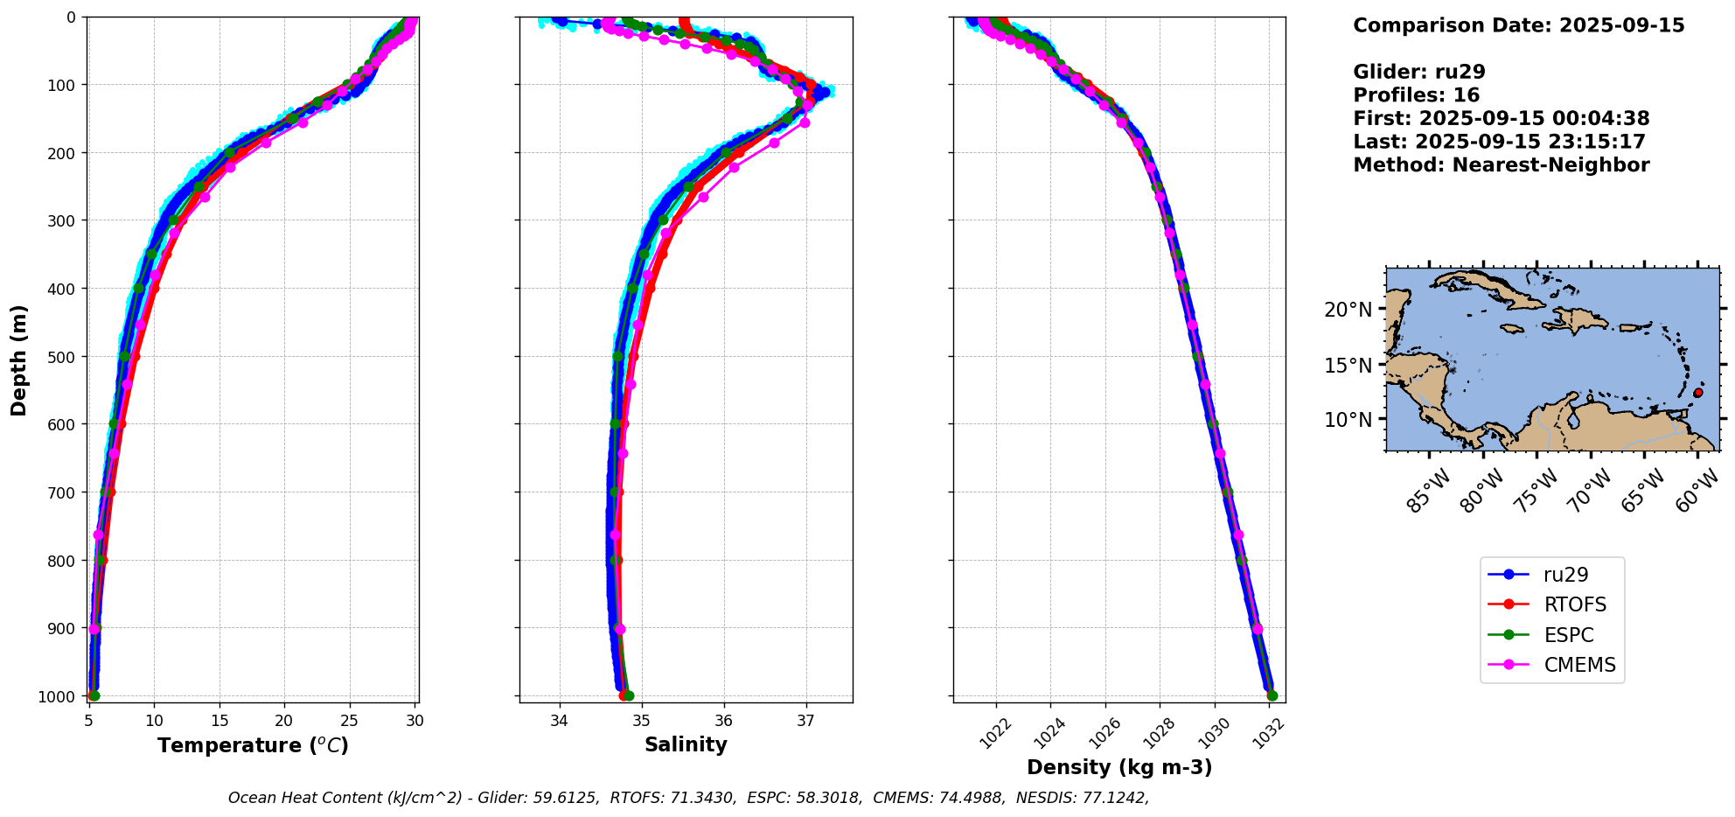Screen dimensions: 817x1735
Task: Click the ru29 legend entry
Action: point(1564,575)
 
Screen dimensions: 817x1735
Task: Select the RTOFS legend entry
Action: point(1574,604)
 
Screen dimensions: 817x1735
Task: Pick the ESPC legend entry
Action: point(1568,635)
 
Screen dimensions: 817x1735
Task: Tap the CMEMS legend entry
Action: point(1579,665)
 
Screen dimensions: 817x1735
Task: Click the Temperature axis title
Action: point(253,745)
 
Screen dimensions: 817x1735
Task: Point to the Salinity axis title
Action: point(686,744)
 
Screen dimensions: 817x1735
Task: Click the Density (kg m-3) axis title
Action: point(1119,767)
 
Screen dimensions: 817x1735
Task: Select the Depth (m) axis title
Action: point(19,360)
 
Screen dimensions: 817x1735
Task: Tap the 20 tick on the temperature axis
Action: point(284,721)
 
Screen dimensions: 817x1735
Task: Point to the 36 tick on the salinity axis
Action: point(724,721)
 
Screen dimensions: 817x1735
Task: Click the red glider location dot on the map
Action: point(1697,393)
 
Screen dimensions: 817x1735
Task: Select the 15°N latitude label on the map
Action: point(1348,365)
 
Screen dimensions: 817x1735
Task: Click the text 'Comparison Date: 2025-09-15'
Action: point(1518,25)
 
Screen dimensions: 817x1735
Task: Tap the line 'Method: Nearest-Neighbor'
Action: point(1501,165)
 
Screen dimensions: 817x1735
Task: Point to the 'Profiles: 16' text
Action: point(1416,95)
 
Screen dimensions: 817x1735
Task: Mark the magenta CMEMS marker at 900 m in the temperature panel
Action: point(94,629)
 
